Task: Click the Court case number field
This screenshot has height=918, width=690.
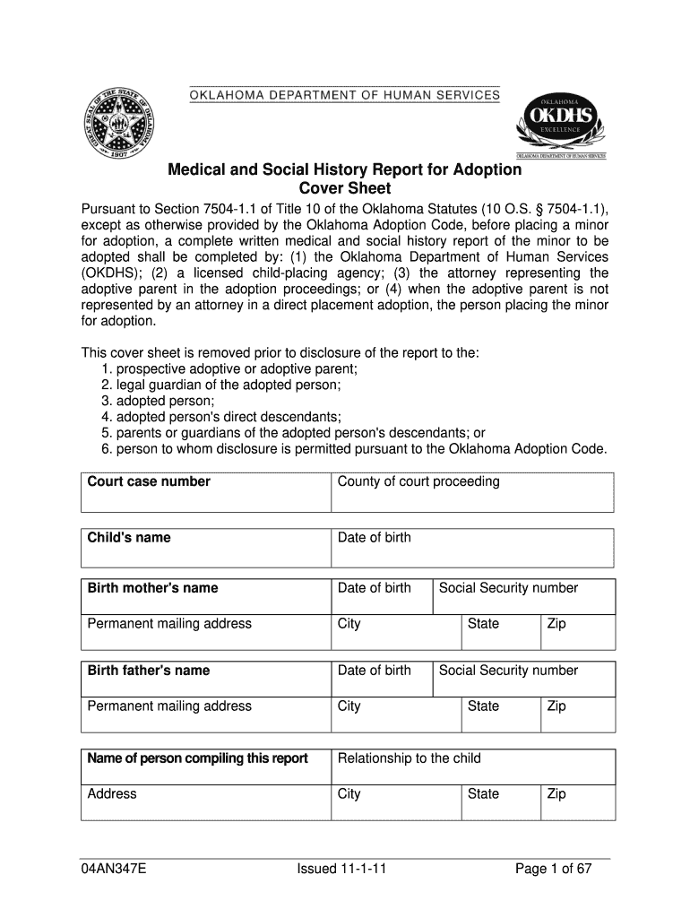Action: [206, 492]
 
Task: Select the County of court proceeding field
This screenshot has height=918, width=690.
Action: [472, 492]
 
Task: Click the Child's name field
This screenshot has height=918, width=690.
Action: [206, 548]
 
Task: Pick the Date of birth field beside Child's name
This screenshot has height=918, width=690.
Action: [472, 548]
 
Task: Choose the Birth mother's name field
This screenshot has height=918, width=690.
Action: [206, 597]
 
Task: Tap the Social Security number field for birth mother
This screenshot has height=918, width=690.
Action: [523, 597]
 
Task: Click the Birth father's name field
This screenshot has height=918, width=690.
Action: [206, 680]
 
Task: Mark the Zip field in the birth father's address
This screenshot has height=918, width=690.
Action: [577, 714]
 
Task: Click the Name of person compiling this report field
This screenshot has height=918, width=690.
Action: [206, 767]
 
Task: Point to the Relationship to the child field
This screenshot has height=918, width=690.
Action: [472, 767]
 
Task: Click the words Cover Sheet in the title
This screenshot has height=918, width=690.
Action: [344, 189]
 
